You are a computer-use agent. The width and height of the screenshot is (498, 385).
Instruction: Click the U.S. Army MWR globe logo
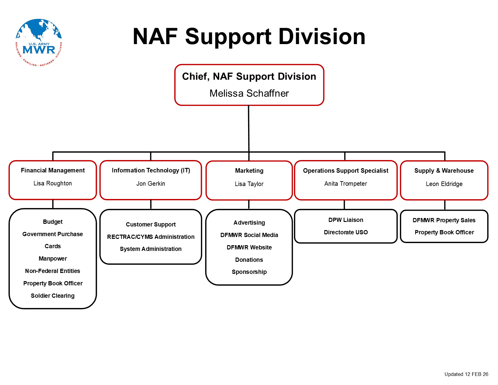(x=39, y=43)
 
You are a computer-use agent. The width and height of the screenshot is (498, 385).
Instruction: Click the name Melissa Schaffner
(x=249, y=93)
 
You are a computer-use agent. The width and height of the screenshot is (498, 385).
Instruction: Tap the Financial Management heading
(x=53, y=170)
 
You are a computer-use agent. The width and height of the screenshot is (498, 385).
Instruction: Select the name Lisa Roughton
(x=53, y=183)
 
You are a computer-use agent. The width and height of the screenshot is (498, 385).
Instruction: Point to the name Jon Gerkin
(x=151, y=184)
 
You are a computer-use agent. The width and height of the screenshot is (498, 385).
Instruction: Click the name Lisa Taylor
(x=249, y=184)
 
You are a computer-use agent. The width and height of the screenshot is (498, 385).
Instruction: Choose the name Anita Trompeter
(x=346, y=184)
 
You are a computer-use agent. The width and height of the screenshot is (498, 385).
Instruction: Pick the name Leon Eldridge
(x=444, y=184)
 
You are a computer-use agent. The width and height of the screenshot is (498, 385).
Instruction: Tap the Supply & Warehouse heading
(x=444, y=171)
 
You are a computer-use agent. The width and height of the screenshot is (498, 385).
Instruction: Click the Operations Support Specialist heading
(x=346, y=171)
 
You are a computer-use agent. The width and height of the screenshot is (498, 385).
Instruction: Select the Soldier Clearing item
(x=53, y=296)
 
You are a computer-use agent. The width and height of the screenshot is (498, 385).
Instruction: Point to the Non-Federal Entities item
(x=53, y=271)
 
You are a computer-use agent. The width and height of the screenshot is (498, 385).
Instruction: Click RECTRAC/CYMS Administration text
(x=151, y=237)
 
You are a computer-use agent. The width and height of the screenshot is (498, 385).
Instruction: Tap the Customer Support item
(x=151, y=224)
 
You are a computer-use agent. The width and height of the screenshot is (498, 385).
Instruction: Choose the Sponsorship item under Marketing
(x=249, y=272)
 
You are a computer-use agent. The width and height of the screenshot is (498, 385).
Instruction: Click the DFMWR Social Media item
(x=249, y=235)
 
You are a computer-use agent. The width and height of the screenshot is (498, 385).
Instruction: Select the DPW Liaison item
(x=346, y=220)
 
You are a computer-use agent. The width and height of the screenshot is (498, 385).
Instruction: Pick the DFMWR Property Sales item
(x=444, y=220)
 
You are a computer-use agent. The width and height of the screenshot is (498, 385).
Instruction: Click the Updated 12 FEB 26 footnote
(x=466, y=374)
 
